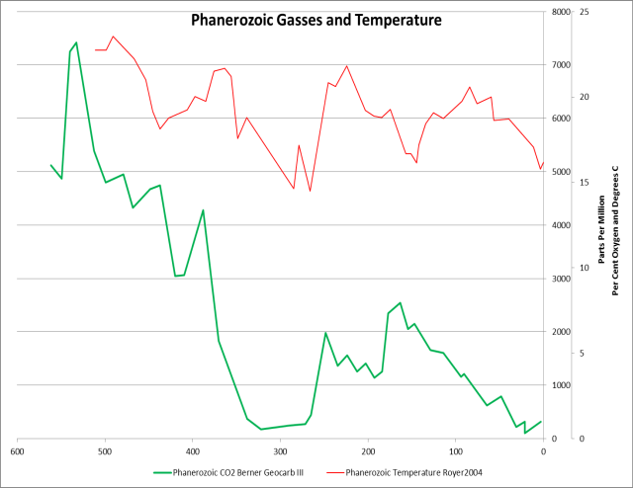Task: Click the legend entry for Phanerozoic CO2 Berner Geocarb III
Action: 235,473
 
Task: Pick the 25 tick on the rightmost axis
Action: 585,12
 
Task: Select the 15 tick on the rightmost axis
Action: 585,183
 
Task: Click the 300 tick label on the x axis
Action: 280,450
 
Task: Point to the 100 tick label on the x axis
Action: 455,450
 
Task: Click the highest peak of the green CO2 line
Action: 76,42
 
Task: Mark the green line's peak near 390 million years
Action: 203,210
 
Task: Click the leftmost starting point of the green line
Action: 50,165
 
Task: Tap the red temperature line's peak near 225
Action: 346,66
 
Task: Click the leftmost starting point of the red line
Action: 95,49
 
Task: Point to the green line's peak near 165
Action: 400,303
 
